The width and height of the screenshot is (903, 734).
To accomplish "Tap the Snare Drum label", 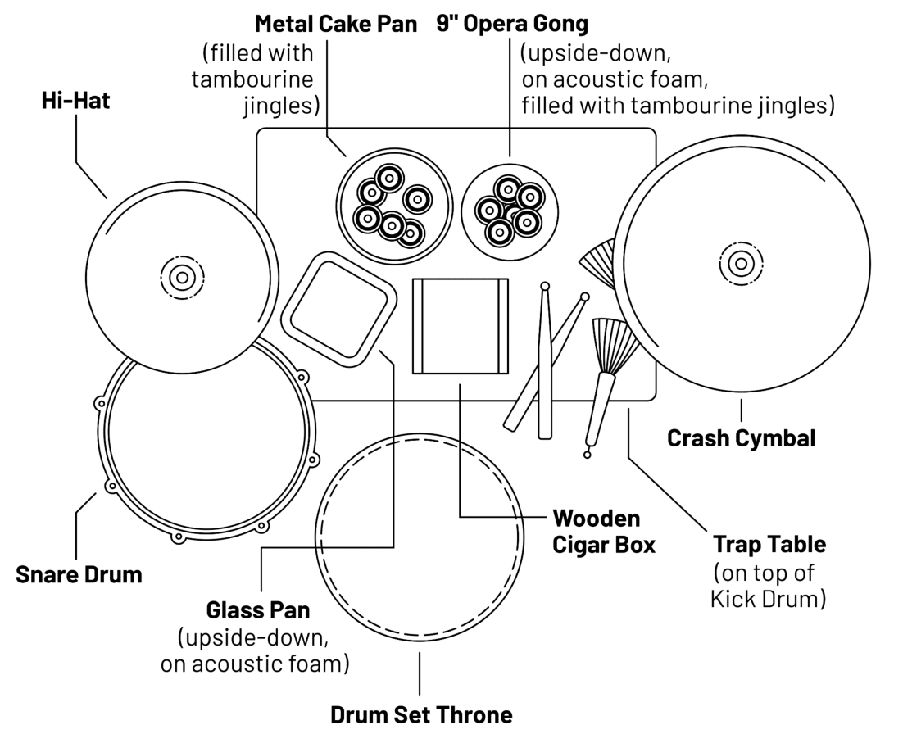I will [x=79, y=574].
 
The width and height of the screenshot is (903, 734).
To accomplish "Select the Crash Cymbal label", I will [x=741, y=438].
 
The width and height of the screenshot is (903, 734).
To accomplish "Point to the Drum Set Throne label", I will [x=421, y=714].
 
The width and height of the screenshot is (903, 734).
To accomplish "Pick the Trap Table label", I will [x=769, y=544].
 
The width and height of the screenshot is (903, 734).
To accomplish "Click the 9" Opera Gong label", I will [x=512, y=24].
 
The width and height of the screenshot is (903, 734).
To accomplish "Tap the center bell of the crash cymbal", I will [x=741, y=263].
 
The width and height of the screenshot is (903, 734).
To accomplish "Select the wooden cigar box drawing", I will [x=460, y=325].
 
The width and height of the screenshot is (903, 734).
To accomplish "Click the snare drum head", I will [x=208, y=447].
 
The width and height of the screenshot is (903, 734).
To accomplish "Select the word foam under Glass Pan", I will [x=315, y=663].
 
